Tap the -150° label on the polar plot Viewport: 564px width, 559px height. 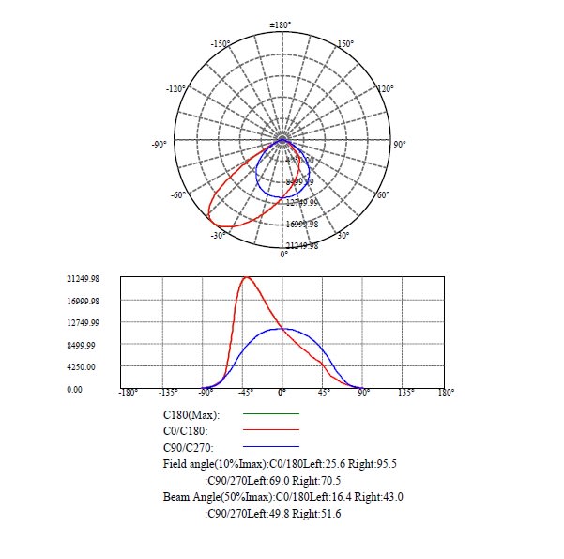(x=221, y=43)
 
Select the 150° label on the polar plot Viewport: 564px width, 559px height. (x=345, y=43)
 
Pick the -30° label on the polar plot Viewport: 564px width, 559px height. (x=219, y=235)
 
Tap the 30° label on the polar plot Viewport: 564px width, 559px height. (x=343, y=235)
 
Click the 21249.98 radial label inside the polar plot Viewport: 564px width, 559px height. (x=301, y=245)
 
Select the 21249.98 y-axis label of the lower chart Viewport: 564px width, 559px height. (x=83, y=279)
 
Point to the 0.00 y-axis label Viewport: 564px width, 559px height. (x=74, y=388)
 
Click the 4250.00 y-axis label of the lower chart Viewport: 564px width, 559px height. (x=83, y=366)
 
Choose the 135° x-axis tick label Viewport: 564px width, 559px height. (x=405, y=393)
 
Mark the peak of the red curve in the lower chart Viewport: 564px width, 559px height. (x=247, y=277)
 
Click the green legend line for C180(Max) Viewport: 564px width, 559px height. (x=270, y=414)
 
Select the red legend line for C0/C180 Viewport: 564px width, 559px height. (x=270, y=430)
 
